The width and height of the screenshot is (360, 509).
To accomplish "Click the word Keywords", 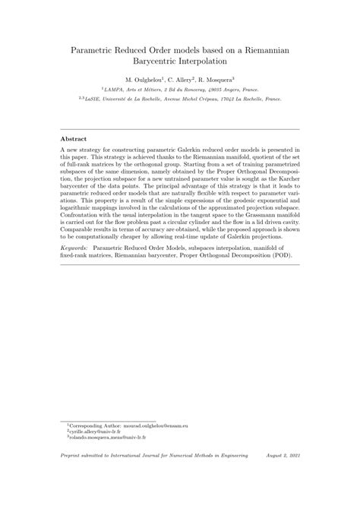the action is coord(77,248).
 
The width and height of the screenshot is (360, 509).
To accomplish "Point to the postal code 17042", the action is coord(248,98).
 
